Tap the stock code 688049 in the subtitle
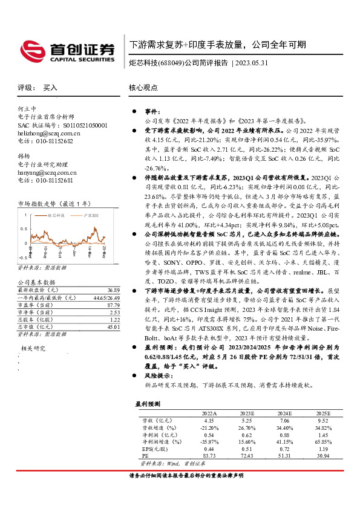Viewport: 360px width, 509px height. coord(172,63)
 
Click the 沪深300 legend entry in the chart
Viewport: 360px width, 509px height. coord(89,215)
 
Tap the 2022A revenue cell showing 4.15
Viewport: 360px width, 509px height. coord(209,420)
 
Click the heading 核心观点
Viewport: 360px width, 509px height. coord(143,87)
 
